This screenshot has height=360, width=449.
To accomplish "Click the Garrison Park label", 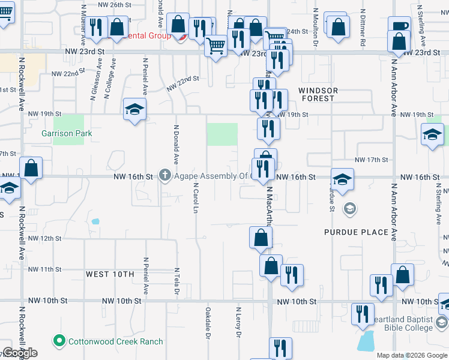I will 67,133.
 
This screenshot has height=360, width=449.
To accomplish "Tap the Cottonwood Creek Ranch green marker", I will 59,341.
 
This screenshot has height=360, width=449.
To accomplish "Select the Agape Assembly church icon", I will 166,176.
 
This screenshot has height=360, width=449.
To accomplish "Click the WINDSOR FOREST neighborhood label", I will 318,94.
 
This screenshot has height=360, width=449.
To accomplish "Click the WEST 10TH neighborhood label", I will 110,274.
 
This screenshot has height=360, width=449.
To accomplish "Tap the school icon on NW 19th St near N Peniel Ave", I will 135,109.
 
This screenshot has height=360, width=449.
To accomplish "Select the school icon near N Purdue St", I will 342,179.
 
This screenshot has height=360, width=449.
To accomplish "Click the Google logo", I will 19,353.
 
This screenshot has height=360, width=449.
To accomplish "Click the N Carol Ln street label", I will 196,198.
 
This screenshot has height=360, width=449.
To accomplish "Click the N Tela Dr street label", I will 177,281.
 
